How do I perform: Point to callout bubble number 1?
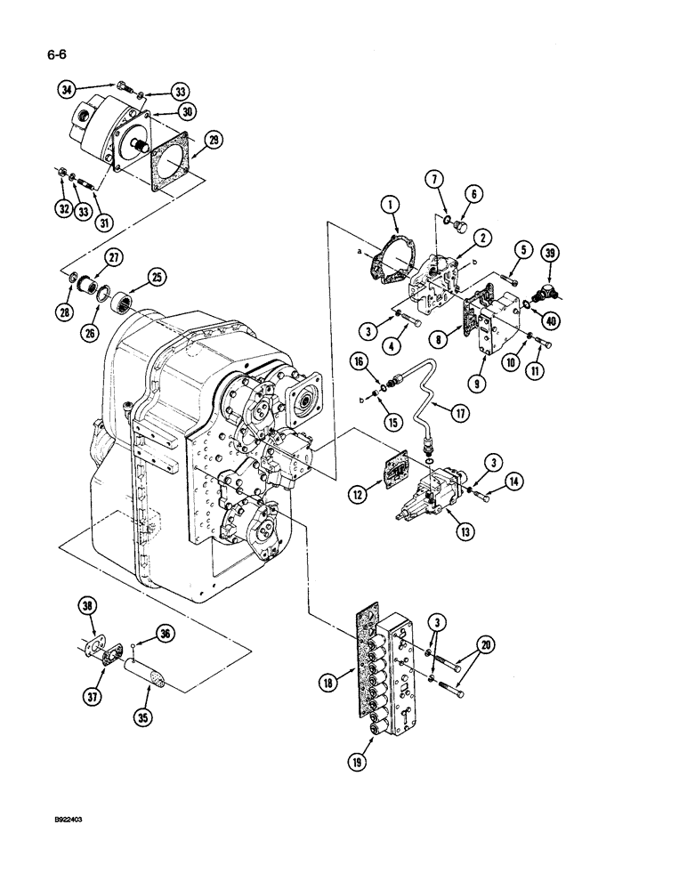click(x=392, y=207)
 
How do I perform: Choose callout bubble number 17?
click(x=460, y=414)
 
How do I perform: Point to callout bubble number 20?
click(x=485, y=644)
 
